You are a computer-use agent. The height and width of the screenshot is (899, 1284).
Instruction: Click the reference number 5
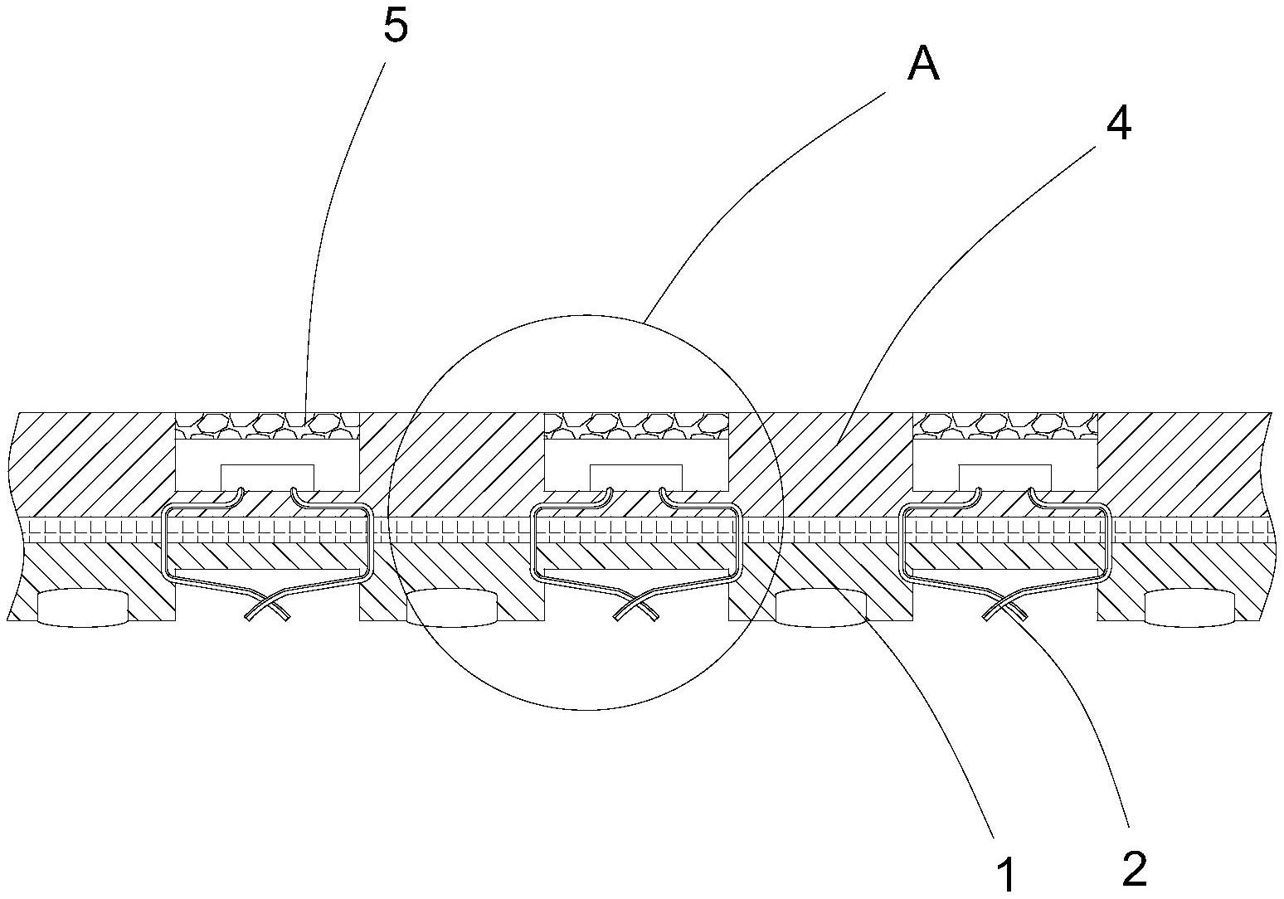396,27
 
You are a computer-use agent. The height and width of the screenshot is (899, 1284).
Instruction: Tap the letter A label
923,64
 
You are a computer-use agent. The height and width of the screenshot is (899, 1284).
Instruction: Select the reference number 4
1119,125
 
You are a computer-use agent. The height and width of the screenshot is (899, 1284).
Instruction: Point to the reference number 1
1005,876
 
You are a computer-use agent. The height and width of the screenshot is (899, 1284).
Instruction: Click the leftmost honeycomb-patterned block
267,425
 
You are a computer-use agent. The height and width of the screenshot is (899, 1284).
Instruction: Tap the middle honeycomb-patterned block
635,425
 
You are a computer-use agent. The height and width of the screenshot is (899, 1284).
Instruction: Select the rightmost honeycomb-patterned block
1004,425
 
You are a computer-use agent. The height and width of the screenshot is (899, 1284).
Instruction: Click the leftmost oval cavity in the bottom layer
83,607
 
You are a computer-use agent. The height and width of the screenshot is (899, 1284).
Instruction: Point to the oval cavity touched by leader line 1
820,607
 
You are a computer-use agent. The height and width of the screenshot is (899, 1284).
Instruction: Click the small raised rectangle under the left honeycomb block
267,475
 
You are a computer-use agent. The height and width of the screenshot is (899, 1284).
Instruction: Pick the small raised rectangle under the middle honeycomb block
635,475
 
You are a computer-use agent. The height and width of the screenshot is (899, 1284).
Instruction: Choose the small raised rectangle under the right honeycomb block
1004,475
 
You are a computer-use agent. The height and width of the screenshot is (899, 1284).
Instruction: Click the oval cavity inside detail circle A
452,607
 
